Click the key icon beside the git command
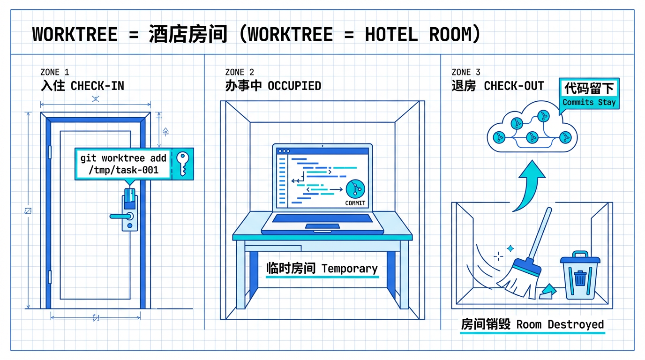(x=183, y=164)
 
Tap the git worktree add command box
(x=124, y=164)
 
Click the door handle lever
(x=121, y=216)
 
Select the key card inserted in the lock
(x=130, y=197)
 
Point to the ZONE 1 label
(x=54, y=72)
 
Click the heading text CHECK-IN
(x=97, y=86)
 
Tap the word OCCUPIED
(x=294, y=86)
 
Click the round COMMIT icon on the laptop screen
(x=355, y=190)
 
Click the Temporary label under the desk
(x=322, y=269)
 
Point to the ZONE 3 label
(x=465, y=72)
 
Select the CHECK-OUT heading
(x=514, y=86)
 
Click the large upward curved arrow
(x=529, y=185)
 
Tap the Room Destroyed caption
(x=532, y=324)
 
